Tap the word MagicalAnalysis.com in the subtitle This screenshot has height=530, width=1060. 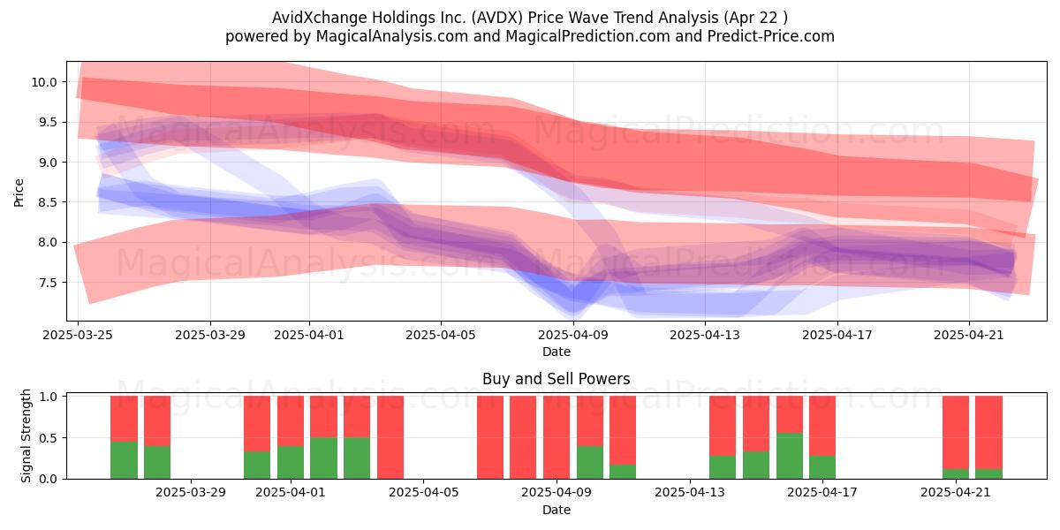pos(392,36)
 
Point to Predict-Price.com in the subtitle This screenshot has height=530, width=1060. pos(771,36)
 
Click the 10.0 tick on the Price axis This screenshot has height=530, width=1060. pos(43,82)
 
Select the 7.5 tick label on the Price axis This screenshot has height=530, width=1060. pos(46,283)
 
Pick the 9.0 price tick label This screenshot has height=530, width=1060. pos(46,163)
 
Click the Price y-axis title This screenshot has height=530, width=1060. pos(19,193)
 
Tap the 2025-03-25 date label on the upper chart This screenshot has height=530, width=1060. pos(78,335)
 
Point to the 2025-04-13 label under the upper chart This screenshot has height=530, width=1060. pos(705,335)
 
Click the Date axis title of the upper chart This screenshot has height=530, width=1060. pos(556,352)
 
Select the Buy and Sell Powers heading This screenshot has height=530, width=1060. pos(556,379)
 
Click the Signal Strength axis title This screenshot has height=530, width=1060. pos(26,435)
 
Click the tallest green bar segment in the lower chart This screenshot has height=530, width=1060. pos(790,456)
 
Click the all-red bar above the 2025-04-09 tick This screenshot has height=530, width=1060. pos(556,437)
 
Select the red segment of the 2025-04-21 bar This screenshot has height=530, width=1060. pos(956,433)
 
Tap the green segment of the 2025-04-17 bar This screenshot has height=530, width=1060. pos(822,467)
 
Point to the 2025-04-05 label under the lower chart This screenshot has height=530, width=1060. pos(423,493)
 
